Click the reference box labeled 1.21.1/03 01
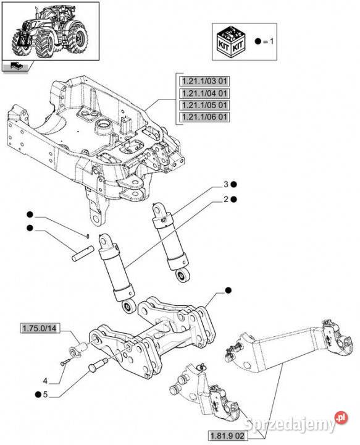pyautogui.click(x=204, y=81)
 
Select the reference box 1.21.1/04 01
pyautogui.click(x=204, y=93)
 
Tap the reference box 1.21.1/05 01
pyautogui.click(x=204, y=105)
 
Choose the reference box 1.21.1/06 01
pyautogui.click(x=204, y=117)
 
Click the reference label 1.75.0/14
pyautogui.click(x=40, y=329)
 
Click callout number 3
pyautogui.click(x=225, y=184)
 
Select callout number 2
pyautogui.click(x=225, y=200)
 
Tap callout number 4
pyautogui.click(x=45, y=381)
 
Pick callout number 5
pyautogui.click(x=45, y=394)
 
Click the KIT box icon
pyautogui.click(x=231, y=42)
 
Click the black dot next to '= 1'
pyautogui.click(x=257, y=41)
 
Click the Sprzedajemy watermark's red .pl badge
pyautogui.click(x=341, y=418)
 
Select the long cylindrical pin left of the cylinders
pyautogui.click(x=83, y=253)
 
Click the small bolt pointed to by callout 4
pyautogui.click(x=65, y=362)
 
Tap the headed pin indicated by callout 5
pyautogui.click(x=98, y=364)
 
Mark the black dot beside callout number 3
pyautogui.click(x=233, y=184)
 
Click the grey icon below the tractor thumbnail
pyautogui.click(x=15, y=66)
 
